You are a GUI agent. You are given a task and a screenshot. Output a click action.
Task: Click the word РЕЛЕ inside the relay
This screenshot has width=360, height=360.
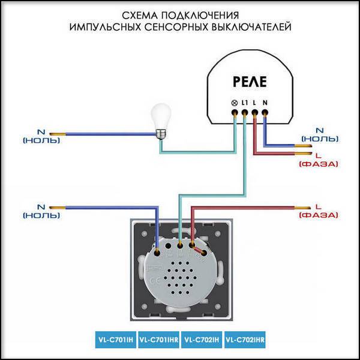250,82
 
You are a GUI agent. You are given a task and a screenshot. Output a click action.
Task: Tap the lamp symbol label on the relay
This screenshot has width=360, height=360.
234,103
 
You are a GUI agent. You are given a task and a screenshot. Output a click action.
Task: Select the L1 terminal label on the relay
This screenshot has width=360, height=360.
245,103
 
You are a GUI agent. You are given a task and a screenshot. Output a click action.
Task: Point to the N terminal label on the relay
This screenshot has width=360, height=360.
265,103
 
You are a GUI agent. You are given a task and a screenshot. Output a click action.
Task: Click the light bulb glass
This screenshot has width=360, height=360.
161,116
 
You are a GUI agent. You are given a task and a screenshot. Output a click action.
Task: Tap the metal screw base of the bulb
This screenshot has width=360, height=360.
161,134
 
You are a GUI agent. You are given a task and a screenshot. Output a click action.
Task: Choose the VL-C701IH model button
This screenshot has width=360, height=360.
116,340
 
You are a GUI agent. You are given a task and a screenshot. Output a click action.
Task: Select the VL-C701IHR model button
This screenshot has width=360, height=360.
158,340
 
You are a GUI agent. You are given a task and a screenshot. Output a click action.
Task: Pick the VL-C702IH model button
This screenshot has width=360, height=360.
202,340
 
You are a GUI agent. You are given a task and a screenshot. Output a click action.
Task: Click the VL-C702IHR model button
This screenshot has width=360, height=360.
245,340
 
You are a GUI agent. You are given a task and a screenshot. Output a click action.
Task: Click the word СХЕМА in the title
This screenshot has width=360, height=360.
140,16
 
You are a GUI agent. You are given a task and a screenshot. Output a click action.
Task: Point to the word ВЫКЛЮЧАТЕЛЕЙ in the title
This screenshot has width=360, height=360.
251,27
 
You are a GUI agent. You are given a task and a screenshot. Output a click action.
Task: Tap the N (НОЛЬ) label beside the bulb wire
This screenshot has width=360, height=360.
41,136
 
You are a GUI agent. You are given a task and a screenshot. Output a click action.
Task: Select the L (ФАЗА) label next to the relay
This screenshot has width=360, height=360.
319,160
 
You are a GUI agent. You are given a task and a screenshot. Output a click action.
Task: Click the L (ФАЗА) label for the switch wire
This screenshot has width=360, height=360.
319,211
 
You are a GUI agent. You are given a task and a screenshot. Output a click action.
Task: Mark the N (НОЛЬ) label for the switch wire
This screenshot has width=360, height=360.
41,211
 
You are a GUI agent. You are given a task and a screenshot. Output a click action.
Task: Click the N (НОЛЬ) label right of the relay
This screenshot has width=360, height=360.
320,134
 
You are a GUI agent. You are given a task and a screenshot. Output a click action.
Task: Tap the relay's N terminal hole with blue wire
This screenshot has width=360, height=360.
265,113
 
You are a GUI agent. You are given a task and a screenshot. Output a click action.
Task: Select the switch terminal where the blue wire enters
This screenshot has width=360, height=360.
157,253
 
